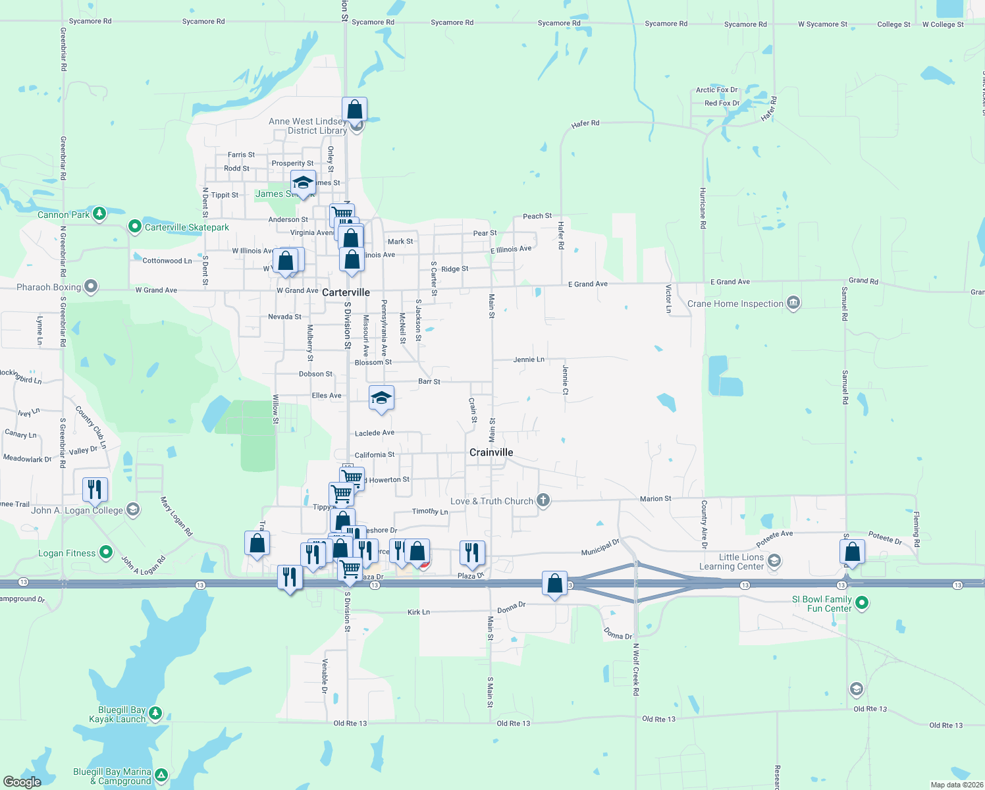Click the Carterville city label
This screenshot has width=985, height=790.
tap(346, 292)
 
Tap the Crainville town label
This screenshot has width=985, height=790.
tap(491, 452)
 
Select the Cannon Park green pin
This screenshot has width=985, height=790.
tap(99, 213)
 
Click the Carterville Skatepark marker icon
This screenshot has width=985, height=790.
tap(135, 226)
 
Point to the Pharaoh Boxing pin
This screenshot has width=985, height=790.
tap(92, 286)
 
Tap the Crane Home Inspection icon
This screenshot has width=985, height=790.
tap(793, 303)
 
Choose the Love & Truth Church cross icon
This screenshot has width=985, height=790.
tap(543, 500)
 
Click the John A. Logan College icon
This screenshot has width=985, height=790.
tap(133, 510)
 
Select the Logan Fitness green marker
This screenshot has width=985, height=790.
tap(106, 552)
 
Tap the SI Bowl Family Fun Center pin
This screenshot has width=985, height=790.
tap(862, 602)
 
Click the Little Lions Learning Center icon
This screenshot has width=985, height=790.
tap(774, 561)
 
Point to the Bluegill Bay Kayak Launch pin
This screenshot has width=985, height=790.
tap(155, 713)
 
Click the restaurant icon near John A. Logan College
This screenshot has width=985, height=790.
tap(95, 488)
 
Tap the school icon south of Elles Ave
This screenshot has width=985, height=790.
tap(381, 398)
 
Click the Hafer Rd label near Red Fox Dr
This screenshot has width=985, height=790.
tap(768, 109)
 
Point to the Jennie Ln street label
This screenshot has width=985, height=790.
tap(529, 359)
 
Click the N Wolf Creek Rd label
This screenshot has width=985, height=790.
tap(636, 669)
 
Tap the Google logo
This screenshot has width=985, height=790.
tap(22, 781)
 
